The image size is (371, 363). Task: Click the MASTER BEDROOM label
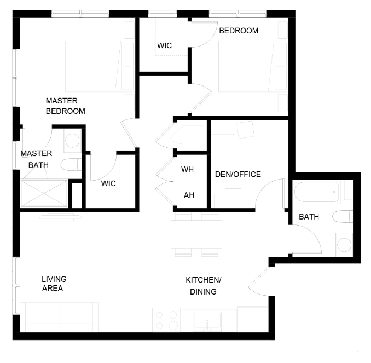click(x=66, y=106)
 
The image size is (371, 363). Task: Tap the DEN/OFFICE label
click(x=238, y=175)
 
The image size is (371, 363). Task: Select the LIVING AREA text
click(x=54, y=284)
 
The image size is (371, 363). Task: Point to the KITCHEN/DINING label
click(x=203, y=286)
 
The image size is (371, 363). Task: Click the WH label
click(x=187, y=169)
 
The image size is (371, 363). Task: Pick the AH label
click(x=189, y=195)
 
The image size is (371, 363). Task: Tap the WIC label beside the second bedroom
click(x=165, y=45)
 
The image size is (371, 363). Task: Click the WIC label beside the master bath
click(x=108, y=183)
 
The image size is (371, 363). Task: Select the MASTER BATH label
click(x=37, y=159)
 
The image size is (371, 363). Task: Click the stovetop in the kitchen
click(x=166, y=320)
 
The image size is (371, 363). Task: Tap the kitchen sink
click(x=207, y=321)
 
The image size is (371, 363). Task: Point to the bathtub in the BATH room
click(x=316, y=192)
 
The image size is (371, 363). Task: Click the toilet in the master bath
click(x=71, y=165)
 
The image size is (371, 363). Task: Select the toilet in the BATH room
click(x=343, y=217)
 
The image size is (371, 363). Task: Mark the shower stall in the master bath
click(x=44, y=193)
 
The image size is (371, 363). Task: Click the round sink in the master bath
click(x=72, y=140)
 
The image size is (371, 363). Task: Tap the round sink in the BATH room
click(x=344, y=245)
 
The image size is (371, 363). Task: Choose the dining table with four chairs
click(x=196, y=234)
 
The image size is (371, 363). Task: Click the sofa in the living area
click(x=60, y=317)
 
